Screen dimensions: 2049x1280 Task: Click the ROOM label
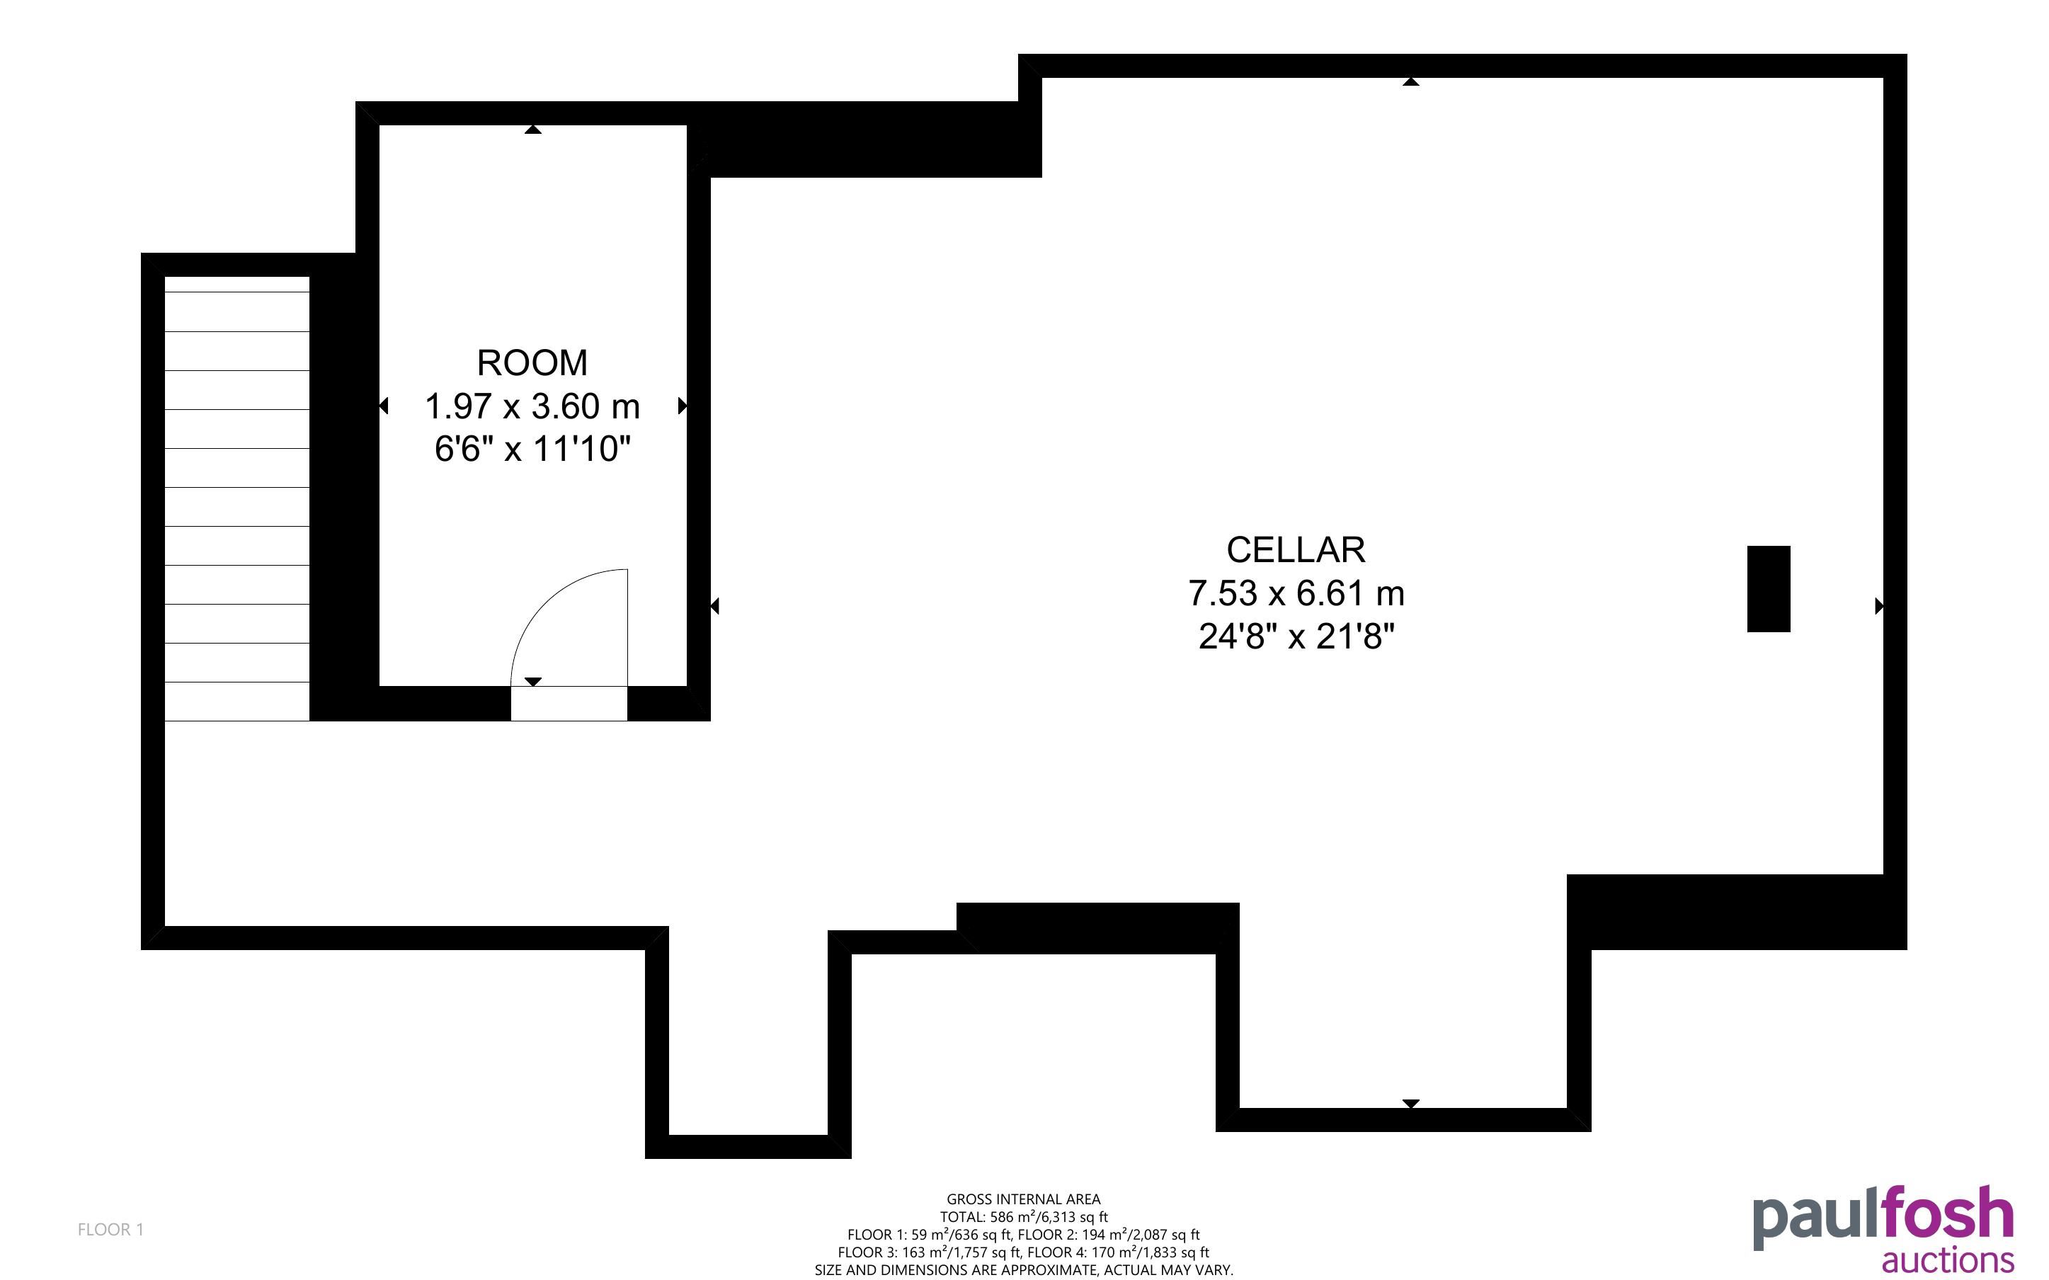(x=532, y=363)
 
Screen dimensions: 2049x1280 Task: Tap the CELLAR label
(x=1296, y=550)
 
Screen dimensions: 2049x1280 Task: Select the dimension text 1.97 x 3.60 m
(x=532, y=406)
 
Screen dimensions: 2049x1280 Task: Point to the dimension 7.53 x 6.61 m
(x=1296, y=593)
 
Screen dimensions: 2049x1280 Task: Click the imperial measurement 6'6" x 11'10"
(x=532, y=449)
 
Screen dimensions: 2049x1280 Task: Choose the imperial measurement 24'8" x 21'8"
(x=1296, y=636)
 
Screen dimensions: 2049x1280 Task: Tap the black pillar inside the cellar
(x=1769, y=588)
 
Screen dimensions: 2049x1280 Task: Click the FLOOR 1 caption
(x=111, y=1229)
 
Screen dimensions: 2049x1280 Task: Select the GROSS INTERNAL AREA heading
(x=1023, y=1199)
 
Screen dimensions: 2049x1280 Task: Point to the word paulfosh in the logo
(x=1883, y=1218)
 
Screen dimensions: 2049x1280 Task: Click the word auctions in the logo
(x=1948, y=1260)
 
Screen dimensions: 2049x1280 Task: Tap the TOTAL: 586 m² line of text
(x=1023, y=1216)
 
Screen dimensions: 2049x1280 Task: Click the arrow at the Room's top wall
(x=532, y=130)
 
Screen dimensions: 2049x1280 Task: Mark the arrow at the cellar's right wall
(x=1880, y=606)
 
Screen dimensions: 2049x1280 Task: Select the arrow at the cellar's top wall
(x=1410, y=81)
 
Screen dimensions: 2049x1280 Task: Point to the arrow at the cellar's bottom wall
(x=1410, y=1104)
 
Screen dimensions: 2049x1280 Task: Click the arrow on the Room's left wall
(x=384, y=406)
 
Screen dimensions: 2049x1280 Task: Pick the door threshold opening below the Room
(x=569, y=704)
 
